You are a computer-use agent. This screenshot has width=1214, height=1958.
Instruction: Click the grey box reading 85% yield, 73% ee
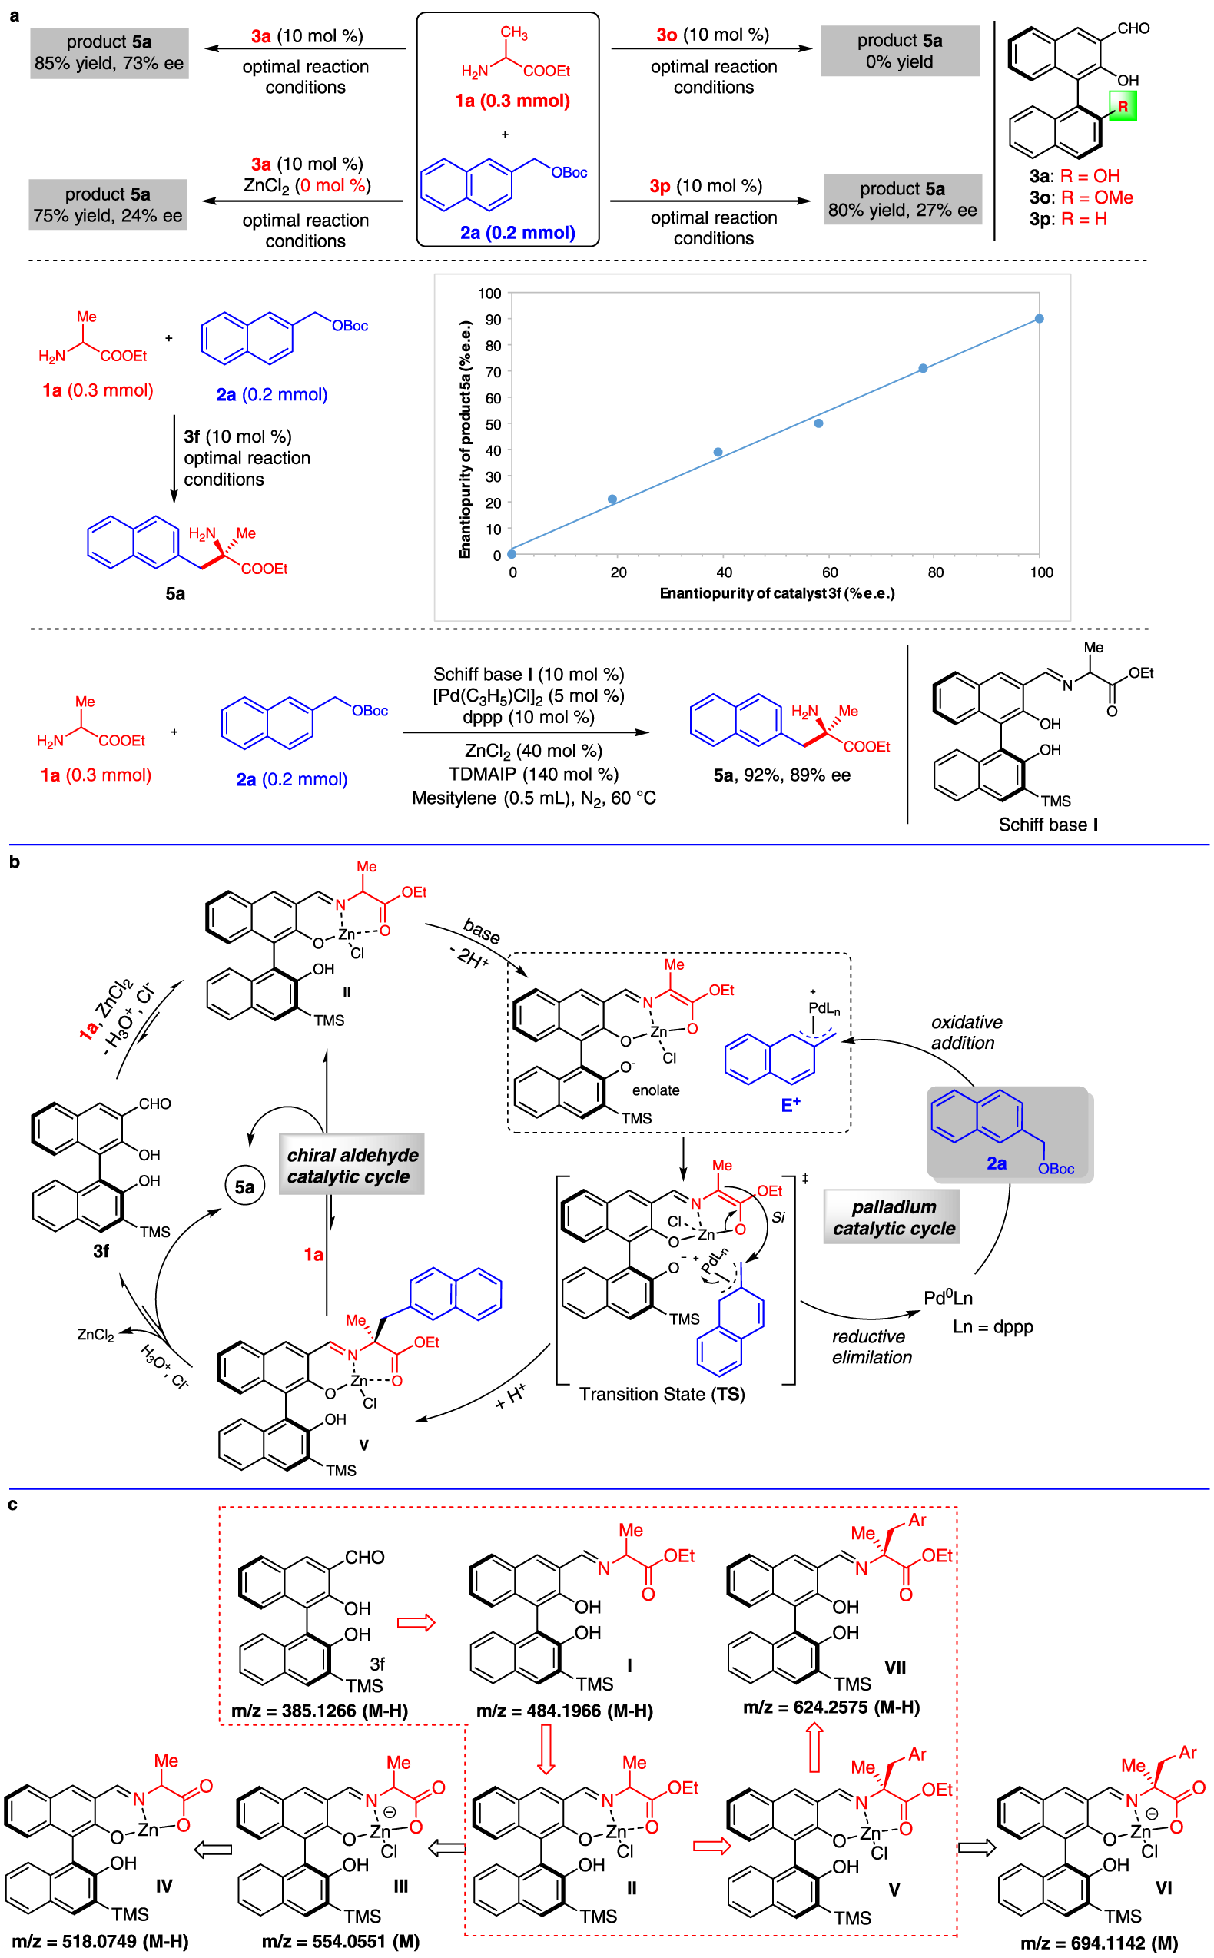coord(109,53)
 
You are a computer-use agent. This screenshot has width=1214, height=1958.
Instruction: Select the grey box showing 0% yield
coord(899,51)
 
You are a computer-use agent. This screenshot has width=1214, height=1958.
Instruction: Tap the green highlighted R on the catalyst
coord(1122,106)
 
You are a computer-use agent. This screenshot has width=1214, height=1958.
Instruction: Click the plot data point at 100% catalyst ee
coord(1039,319)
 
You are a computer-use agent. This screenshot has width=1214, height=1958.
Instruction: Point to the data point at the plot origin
coord(512,553)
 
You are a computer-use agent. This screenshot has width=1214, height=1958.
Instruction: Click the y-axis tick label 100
coord(489,294)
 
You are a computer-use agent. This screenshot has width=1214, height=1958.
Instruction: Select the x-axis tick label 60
coord(829,572)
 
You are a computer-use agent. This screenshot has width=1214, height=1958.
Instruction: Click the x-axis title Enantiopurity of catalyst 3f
coord(776,593)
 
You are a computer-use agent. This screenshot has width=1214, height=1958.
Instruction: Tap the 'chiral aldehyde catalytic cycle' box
coord(352,1165)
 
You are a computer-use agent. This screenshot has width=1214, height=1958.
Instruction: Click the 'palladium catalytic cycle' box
coord(892,1217)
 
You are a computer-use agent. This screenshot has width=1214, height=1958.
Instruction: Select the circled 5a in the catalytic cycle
coord(244,1186)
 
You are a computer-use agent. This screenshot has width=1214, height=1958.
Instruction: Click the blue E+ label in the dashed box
coord(790,1104)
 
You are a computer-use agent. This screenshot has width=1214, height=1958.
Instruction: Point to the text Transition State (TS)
coord(662,1394)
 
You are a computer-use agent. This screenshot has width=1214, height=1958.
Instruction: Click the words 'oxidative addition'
coord(966,1032)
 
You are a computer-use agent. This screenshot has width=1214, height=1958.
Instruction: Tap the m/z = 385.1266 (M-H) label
coord(320,1711)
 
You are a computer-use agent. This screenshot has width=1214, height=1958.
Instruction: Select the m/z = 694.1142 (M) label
coord(1099,1943)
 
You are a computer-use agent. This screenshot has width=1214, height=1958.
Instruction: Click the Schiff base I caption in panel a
coord(1047,825)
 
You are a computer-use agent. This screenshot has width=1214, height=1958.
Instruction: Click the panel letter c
coord(13,1504)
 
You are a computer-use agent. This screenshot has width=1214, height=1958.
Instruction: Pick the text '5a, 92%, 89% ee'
coord(781,775)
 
